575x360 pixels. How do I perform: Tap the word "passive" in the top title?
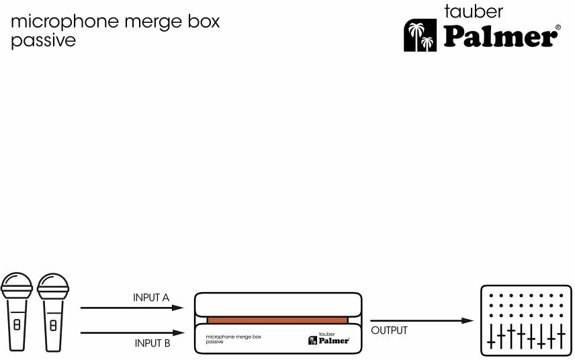click(x=43, y=40)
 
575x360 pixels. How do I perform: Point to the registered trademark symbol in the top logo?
click(x=558, y=28)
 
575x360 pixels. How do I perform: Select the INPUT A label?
click(x=151, y=298)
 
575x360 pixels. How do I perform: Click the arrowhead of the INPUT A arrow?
click(x=178, y=308)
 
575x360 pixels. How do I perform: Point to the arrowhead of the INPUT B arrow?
click(x=178, y=332)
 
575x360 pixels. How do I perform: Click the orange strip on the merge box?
click(x=277, y=320)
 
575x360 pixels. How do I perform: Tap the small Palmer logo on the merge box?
click(x=328, y=339)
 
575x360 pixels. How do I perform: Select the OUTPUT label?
click(x=389, y=330)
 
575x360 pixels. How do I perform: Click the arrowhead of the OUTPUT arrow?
click(x=468, y=320)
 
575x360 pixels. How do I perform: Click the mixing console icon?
click(x=526, y=320)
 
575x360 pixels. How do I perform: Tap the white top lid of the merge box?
click(x=277, y=304)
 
